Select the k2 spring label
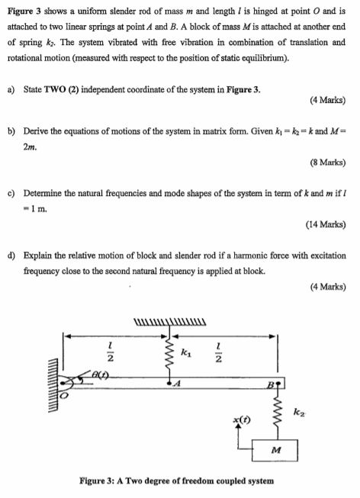[299, 413]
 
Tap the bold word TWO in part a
[57, 89]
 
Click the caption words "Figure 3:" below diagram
[103, 480]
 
